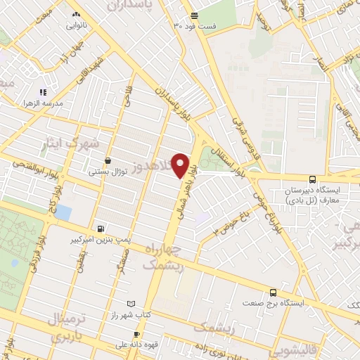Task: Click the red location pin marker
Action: [x=181, y=165]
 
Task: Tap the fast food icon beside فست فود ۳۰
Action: [x=194, y=15]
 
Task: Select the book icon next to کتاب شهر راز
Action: [x=129, y=304]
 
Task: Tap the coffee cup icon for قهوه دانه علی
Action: [x=127, y=334]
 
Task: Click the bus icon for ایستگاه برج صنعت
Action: [x=274, y=292]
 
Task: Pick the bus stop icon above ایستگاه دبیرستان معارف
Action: [x=313, y=179]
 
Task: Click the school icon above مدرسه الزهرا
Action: [x=43, y=91]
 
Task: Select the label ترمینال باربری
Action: [x=69, y=328]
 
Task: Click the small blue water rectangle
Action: [x=63, y=212]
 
